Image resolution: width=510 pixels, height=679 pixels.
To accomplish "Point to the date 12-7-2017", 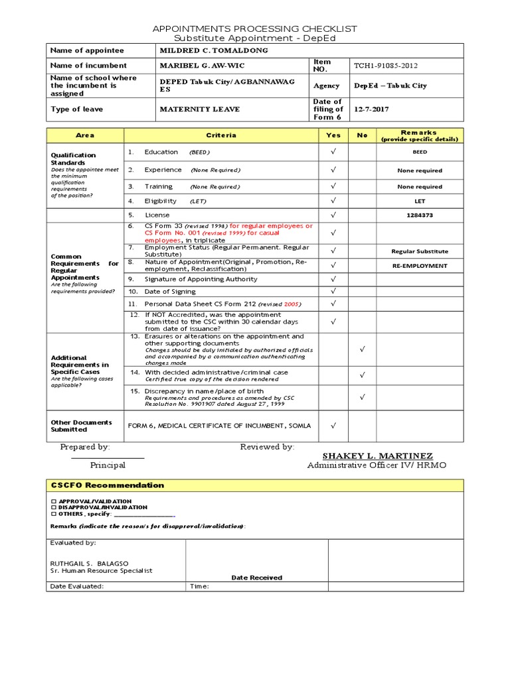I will pyautogui.click(x=372, y=109).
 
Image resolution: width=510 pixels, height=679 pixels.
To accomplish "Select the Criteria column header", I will pyautogui.click(x=221, y=135).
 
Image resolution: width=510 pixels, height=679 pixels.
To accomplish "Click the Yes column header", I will pyautogui.click(x=333, y=135).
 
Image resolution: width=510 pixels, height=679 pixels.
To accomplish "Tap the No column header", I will pyautogui.click(x=362, y=135).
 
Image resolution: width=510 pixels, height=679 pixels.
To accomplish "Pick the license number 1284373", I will pyautogui.click(x=419, y=216).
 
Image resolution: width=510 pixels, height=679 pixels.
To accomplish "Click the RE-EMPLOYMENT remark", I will pyautogui.click(x=419, y=266).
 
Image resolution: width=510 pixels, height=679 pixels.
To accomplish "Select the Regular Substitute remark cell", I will pyautogui.click(x=419, y=251).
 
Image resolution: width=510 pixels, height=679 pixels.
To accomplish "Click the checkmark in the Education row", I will pyautogui.click(x=333, y=153).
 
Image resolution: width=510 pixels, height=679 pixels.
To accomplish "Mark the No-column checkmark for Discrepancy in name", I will pyautogui.click(x=362, y=398).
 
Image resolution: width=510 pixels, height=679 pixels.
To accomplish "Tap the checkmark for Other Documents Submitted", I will pyautogui.click(x=333, y=425).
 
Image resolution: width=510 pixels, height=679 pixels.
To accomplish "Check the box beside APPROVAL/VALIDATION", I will pyautogui.click(x=53, y=501).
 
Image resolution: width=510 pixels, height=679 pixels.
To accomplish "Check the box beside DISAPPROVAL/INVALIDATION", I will pyautogui.click(x=53, y=507).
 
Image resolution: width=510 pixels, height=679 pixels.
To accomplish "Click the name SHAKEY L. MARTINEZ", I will pyautogui.click(x=377, y=456).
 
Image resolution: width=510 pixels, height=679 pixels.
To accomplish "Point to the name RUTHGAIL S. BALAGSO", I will pyautogui.click(x=90, y=563).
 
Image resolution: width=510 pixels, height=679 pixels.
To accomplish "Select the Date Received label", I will pyautogui.click(x=256, y=578).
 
